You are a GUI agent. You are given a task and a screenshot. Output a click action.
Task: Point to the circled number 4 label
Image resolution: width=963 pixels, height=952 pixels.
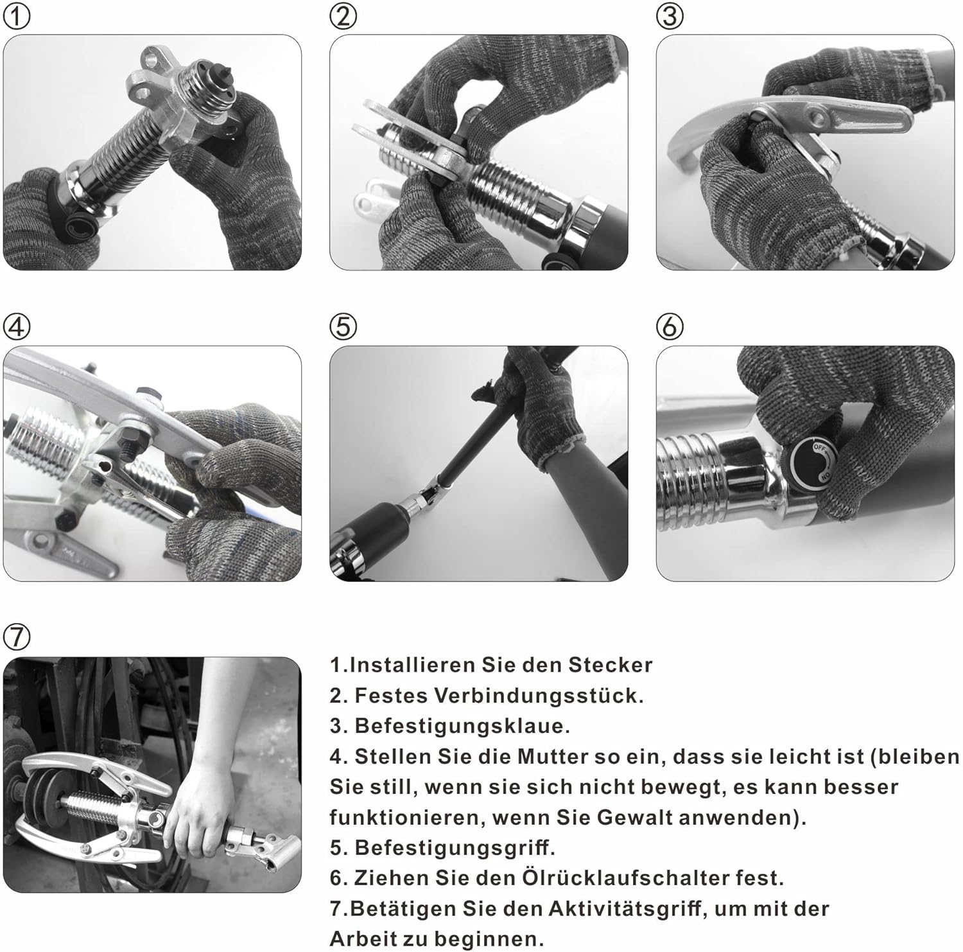pyautogui.click(x=17, y=327)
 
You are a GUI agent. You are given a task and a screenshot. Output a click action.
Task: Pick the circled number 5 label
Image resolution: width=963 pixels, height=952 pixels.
pyautogui.click(x=343, y=327)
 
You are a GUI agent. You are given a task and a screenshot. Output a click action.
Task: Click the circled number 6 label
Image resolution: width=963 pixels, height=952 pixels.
pyautogui.click(x=670, y=327)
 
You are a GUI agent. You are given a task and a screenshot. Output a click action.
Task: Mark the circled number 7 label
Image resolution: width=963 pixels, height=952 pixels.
pyautogui.click(x=17, y=637)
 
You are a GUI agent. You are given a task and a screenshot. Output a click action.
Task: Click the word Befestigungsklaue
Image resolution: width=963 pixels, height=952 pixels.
pyautogui.click(x=462, y=726)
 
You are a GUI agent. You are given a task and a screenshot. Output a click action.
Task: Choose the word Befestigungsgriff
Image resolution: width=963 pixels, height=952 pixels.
pyautogui.click(x=455, y=848)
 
